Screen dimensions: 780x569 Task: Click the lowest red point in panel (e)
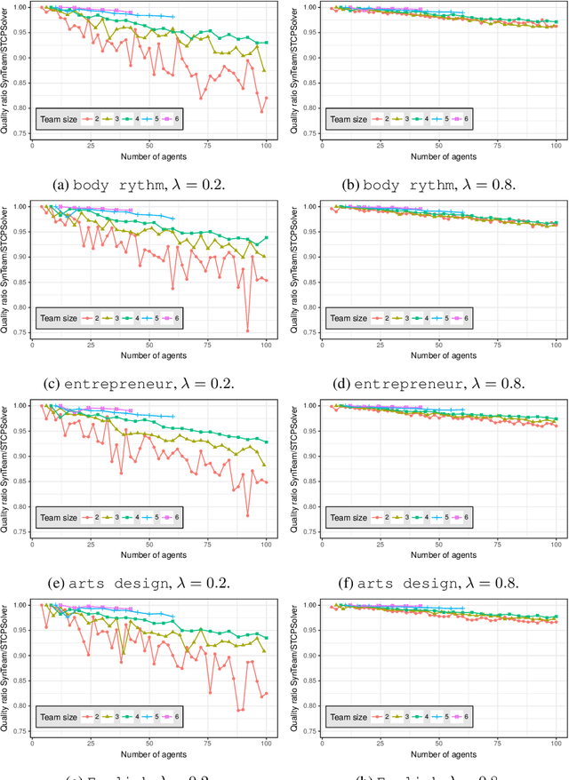pos(248,515)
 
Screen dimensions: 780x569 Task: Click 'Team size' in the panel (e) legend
pos(59,517)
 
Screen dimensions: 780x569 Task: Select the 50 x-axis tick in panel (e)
pos(148,545)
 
